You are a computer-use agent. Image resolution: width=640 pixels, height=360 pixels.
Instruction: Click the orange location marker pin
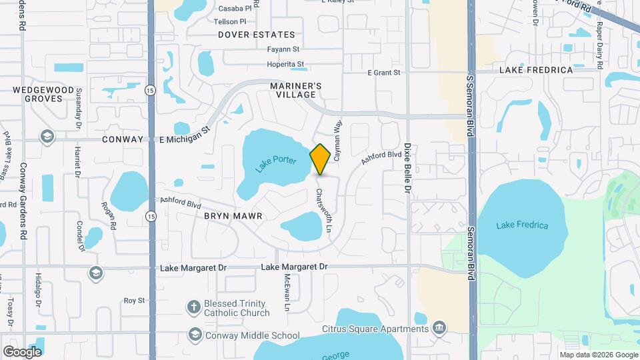[x=321, y=159]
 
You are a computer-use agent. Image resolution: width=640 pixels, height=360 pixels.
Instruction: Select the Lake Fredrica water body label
[x=522, y=225]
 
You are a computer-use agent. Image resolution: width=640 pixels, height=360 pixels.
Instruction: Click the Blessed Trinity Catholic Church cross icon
[x=194, y=307]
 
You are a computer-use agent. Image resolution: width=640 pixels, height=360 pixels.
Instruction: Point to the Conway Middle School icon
[x=195, y=335]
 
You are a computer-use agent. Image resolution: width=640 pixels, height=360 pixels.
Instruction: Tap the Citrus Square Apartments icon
[x=439, y=328]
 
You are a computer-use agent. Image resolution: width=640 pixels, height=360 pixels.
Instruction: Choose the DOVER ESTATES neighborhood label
[x=257, y=35]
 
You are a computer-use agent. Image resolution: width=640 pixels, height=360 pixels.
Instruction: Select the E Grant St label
[x=383, y=72]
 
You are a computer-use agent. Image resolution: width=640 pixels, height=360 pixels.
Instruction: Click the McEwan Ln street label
[x=287, y=293]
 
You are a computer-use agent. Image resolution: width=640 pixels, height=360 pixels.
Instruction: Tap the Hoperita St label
[x=285, y=65]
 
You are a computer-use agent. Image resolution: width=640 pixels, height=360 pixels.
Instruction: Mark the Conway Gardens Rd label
[x=23, y=202]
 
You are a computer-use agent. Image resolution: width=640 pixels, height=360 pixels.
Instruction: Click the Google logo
[x=22, y=352]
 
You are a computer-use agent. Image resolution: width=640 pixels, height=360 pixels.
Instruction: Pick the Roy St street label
[x=134, y=301]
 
